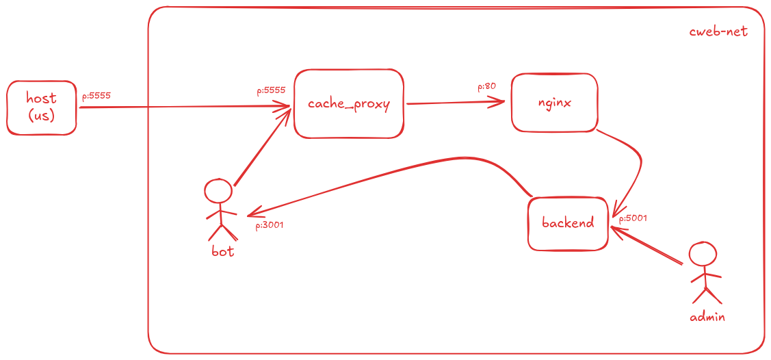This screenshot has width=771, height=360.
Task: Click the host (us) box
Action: click(x=42, y=107)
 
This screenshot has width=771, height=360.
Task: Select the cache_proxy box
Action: click(x=349, y=104)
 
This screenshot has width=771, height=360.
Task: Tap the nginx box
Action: click(x=555, y=103)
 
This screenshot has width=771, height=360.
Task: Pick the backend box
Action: click(x=569, y=223)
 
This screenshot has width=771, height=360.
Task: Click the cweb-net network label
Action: click(x=718, y=32)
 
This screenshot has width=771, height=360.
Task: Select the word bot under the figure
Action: click(x=223, y=252)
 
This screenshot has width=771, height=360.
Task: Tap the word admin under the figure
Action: click(x=707, y=317)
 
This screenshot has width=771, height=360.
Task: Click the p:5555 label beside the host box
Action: click(x=96, y=95)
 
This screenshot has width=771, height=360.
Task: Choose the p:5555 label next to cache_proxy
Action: click(x=271, y=91)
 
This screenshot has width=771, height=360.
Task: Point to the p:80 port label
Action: click(x=486, y=86)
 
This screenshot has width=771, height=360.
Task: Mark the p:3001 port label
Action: click(x=270, y=226)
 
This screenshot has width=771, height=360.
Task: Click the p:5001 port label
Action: click(x=632, y=218)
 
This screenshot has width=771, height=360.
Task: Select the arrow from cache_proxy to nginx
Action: click(x=456, y=103)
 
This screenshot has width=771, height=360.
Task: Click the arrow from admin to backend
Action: click(x=646, y=246)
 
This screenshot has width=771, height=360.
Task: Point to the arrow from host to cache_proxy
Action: click(x=185, y=106)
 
